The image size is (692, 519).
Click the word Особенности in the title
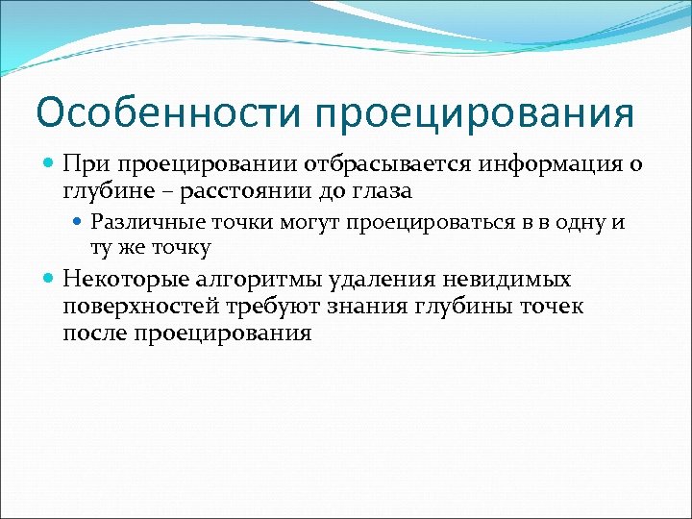click(169, 112)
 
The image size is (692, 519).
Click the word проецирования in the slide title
click(473, 112)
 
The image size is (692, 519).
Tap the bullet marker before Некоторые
click(50, 280)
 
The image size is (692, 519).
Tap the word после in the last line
click(94, 333)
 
